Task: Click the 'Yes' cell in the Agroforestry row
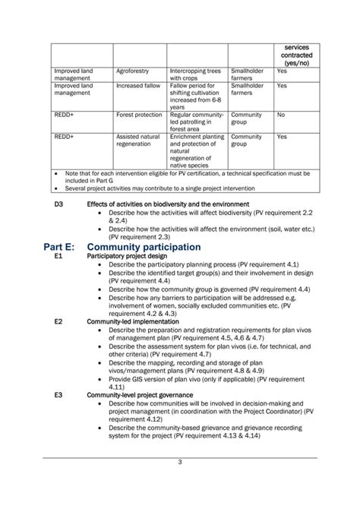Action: tap(282, 71)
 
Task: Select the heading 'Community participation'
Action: tap(144, 247)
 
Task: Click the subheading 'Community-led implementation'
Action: tap(133, 321)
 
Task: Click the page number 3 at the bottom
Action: tap(179, 483)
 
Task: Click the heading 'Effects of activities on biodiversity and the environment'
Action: tap(168, 204)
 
